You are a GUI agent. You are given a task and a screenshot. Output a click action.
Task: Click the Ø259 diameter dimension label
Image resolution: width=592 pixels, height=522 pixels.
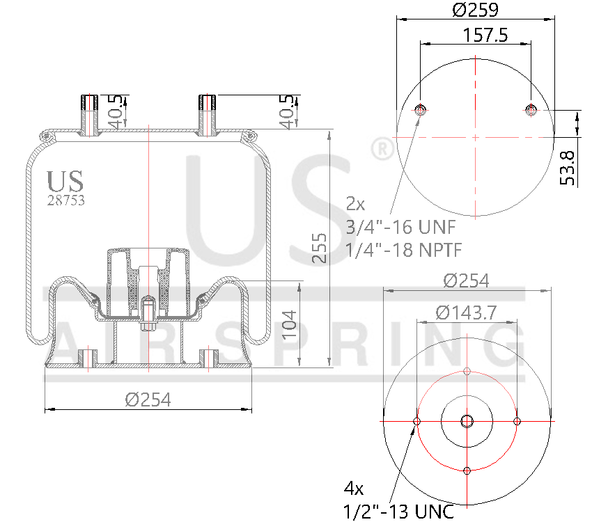[476, 10]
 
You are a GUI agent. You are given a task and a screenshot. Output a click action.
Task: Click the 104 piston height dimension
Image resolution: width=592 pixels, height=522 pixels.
[290, 324]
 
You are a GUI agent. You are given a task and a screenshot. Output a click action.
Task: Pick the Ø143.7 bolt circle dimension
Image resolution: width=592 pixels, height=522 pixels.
[466, 313]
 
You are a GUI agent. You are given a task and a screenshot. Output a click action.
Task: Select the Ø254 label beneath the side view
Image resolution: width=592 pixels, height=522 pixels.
[148, 400]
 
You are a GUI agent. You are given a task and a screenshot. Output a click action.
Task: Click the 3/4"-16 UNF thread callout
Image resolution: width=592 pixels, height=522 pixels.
[400, 227]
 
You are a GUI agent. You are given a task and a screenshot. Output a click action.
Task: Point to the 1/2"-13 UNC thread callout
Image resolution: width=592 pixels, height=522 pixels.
[399, 512]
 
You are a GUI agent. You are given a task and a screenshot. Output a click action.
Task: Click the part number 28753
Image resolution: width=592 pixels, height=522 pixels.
[65, 200]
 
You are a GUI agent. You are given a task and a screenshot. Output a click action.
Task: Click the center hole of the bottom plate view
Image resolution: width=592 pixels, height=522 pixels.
[467, 421]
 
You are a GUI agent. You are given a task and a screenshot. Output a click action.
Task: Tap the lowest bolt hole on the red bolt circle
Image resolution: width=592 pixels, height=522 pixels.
[467, 471]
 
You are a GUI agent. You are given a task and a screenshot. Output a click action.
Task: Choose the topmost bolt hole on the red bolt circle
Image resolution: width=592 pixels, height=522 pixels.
[467, 371]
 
